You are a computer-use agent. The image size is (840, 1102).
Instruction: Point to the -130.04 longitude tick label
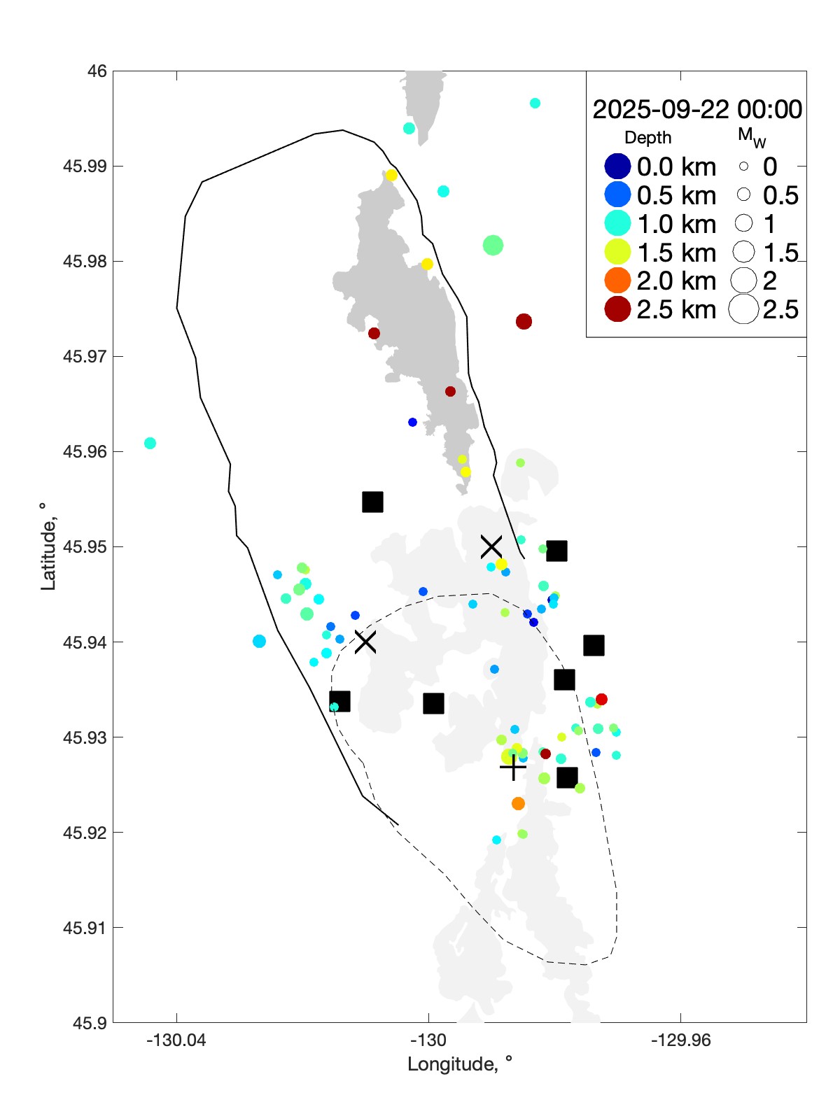pos(176,1040)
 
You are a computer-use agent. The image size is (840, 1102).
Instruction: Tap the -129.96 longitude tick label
pos(680,1040)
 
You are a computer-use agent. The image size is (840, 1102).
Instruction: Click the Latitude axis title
pos(48,546)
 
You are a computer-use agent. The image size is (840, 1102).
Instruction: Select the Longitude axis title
pos(460,1064)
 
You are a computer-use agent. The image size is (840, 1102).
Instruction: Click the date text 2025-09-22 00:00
pos(697,109)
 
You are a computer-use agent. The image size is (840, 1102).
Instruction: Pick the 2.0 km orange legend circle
pos(617,281)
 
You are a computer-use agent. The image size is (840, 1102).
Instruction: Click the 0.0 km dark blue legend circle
pos(617,167)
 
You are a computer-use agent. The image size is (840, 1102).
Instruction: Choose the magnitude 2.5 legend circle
pos(743,309)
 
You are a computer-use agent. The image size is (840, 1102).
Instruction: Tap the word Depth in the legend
pos(647,138)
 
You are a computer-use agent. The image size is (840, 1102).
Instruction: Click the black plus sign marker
pos(513,768)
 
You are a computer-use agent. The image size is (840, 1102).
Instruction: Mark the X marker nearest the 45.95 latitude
pos(491,546)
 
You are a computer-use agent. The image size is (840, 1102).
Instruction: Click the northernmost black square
pos(372,502)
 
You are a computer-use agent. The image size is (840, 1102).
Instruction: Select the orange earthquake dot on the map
pos(518,803)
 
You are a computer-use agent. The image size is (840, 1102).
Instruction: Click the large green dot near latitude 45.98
pos(493,245)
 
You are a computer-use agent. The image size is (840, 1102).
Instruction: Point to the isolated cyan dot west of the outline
pos(150,443)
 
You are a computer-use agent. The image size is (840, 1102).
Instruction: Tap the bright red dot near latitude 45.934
pos(601,699)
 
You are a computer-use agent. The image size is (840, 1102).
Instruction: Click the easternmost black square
pos(594,645)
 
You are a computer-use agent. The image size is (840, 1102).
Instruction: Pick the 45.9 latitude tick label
pos(90,1023)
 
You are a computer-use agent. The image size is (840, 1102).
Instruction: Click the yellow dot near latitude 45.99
pos(391,175)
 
